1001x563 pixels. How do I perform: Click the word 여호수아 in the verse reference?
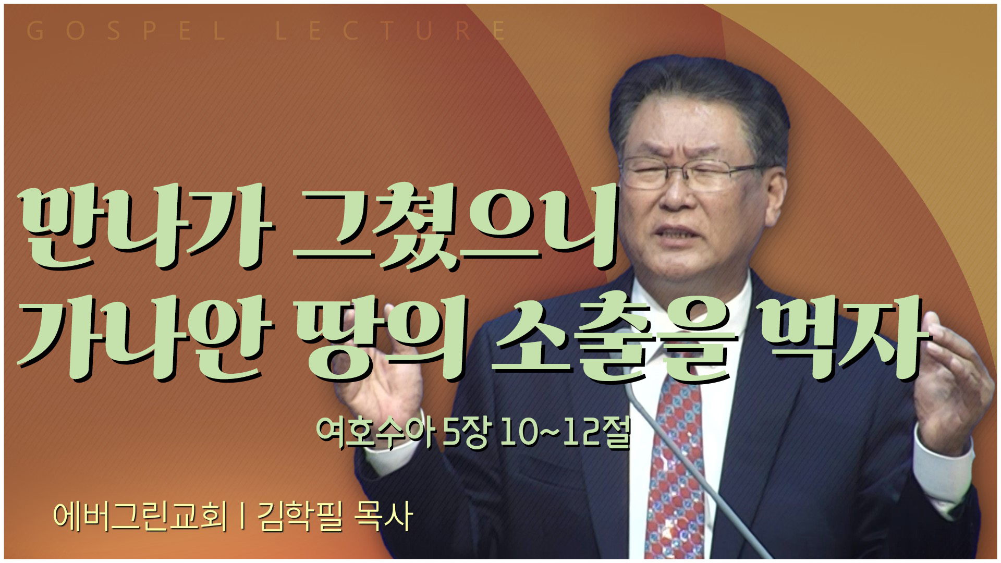pyautogui.click(x=375, y=433)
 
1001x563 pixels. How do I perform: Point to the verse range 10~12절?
pyautogui.click(x=565, y=433)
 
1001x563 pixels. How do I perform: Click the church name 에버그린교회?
pyautogui.click(x=141, y=516)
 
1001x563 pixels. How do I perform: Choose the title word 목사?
pyautogui.click(x=383, y=516)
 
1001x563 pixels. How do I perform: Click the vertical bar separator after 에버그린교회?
pyautogui.click(x=242, y=516)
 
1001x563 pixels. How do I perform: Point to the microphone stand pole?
pyautogui.click(x=693, y=469)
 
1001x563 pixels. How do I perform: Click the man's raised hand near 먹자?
pyautogui.click(x=952, y=391)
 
